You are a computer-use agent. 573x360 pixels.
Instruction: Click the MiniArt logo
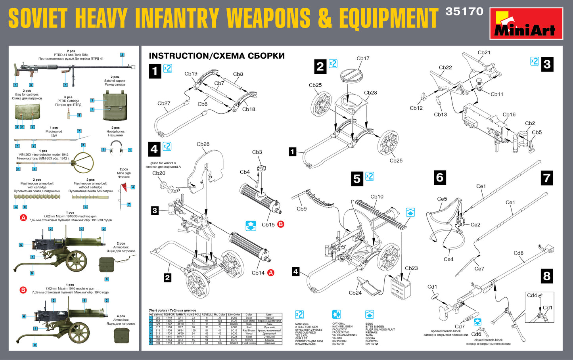pyautogui.click(x=526, y=23)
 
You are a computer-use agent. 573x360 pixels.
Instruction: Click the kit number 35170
pyautogui.click(x=464, y=11)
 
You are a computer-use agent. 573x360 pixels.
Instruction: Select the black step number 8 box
pyautogui.click(x=547, y=276)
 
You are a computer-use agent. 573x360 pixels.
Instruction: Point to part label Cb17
pyautogui.click(x=363, y=59)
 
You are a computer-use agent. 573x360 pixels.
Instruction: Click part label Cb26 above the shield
pyautogui.click(x=203, y=144)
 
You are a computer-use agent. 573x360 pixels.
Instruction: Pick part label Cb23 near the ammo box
pyautogui.click(x=411, y=268)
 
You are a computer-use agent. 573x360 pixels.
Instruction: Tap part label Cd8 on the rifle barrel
pyautogui.click(x=518, y=253)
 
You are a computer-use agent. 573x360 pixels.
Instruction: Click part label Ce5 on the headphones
pyautogui.click(x=442, y=199)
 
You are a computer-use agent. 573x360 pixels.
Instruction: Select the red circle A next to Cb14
pyautogui.click(x=271, y=272)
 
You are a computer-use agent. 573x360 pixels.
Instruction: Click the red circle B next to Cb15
pyautogui.click(x=281, y=224)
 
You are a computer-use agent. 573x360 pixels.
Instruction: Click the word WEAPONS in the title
pyautogui.click(x=268, y=18)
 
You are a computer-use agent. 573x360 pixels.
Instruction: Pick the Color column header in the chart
pyautogui.click(x=249, y=314)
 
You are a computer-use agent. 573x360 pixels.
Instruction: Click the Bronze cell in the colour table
pyautogui.click(x=249, y=340)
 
